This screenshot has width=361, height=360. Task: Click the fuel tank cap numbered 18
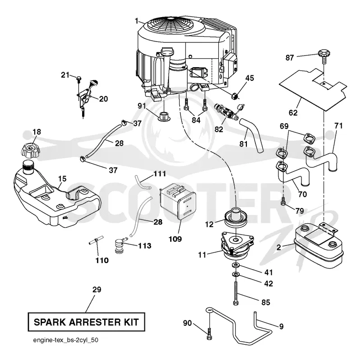pos(30,150)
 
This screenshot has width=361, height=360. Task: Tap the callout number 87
pos(290,58)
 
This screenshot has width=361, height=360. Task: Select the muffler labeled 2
pos(319,245)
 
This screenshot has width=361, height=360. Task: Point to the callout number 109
pos(175,239)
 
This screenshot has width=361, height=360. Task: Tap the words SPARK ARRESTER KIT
pos(86,322)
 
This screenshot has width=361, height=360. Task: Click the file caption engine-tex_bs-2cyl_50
pos(65,340)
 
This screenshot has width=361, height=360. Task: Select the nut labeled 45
pos(235,96)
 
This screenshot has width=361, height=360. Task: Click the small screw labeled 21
pos(79,79)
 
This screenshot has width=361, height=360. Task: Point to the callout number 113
pos(144,246)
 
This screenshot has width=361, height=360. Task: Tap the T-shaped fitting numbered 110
pos(96,240)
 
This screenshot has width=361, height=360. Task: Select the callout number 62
pos(293,113)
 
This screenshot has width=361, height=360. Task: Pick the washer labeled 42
pos(236,274)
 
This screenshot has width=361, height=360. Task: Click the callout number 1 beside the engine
pos(137,21)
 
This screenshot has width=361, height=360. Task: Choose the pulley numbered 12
pos(236,217)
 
